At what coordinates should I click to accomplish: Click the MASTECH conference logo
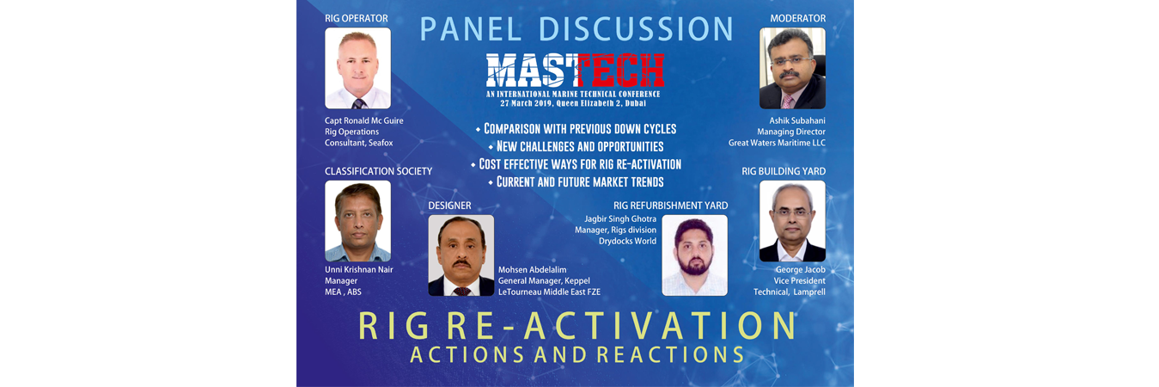[575, 70]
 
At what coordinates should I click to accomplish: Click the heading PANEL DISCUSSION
[576, 29]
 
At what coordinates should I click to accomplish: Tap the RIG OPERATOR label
[356, 18]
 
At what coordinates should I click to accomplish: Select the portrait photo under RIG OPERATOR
[357, 68]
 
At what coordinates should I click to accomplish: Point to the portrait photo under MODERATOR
[792, 68]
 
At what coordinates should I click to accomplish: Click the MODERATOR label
[797, 18]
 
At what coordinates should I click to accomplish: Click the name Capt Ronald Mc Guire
[363, 120]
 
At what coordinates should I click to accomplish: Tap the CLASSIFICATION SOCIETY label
[378, 171]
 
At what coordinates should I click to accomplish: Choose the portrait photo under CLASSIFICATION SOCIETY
[357, 221]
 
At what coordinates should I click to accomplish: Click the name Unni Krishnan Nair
[358, 269]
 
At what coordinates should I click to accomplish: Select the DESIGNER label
[449, 206]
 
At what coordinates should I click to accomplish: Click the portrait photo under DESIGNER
[461, 255]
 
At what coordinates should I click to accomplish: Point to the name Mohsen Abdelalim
[532, 269]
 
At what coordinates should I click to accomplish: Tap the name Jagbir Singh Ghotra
[620, 219]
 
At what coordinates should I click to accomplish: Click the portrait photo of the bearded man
[695, 255]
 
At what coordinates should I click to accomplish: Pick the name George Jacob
[800, 269]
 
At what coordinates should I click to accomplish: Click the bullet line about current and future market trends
[576, 181]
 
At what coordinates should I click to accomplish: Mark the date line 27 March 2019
[573, 103]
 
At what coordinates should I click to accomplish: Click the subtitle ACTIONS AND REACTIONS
[576, 355]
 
